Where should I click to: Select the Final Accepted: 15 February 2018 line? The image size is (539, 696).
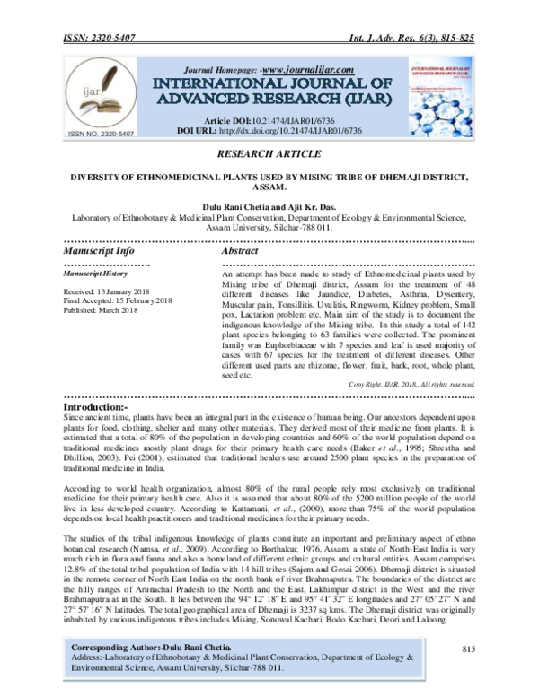[111, 301]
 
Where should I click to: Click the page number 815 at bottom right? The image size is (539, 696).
[466, 648]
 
